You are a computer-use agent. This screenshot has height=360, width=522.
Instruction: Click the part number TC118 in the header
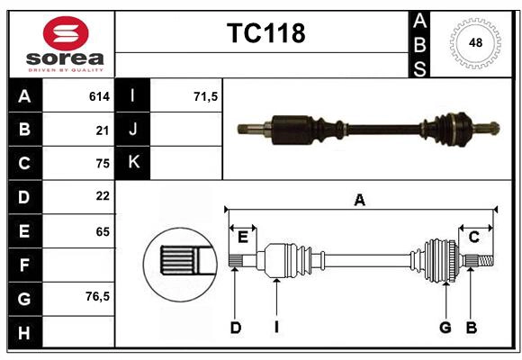(x=265, y=33)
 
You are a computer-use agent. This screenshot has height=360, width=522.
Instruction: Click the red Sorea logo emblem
(x=66, y=33)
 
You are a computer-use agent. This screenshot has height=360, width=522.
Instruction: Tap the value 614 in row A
(x=99, y=95)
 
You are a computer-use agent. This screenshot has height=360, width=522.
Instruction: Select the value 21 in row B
(x=103, y=130)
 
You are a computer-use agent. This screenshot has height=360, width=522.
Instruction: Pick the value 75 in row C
(x=103, y=163)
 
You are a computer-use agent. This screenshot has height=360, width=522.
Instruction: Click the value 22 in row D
(x=103, y=195)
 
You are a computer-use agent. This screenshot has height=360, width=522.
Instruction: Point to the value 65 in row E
(x=103, y=230)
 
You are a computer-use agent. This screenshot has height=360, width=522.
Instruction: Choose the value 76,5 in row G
(x=97, y=296)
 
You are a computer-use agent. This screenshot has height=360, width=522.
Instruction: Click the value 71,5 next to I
(x=206, y=95)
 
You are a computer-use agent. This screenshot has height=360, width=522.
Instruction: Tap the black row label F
(x=24, y=265)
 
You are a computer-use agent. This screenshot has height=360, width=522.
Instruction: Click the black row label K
(x=133, y=163)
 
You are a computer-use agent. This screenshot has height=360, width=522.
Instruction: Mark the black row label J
(x=133, y=130)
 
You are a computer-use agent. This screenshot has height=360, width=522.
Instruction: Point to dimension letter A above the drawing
(x=359, y=200)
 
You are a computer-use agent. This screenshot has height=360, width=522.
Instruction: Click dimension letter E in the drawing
(x=243, y=237)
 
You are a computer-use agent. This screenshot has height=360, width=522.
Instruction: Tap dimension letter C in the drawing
(x=473, y=237)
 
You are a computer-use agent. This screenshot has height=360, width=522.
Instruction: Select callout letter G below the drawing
(x=445, y=328)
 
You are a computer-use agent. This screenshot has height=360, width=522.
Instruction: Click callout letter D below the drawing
(x=235, y=328)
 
